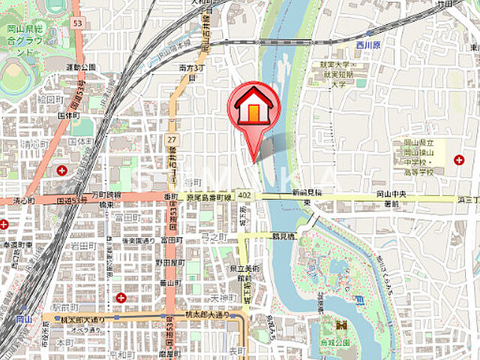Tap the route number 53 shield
[76, 23]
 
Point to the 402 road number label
[244, 195]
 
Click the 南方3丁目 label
[188, 76]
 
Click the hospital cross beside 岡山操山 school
[458, 159]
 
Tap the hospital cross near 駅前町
[121, 298]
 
